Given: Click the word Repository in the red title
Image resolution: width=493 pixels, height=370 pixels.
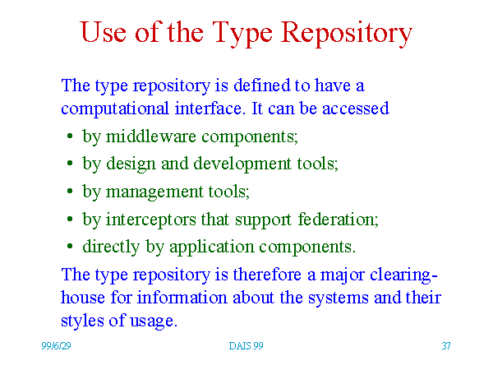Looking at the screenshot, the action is (346, 34).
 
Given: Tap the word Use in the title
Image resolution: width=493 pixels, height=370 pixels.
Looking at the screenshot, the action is (104, 32).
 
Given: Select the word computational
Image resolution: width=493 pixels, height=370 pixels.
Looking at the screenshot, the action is (115, 109).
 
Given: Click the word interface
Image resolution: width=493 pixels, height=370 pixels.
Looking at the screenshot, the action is (210, 108).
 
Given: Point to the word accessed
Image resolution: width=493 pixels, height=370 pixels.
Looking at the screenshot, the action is (356, 109).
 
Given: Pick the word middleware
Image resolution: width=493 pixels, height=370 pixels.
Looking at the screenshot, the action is (151, 136).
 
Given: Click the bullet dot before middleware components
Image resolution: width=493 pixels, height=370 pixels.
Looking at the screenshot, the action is (70, 136).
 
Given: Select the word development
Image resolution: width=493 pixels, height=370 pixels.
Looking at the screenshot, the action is (242, 164).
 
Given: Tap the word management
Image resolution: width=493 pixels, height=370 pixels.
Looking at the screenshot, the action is (154, 192).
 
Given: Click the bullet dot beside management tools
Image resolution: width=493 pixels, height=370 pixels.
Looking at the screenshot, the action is (70, 192).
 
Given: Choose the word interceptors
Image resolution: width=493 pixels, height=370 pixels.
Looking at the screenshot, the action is (150, 220).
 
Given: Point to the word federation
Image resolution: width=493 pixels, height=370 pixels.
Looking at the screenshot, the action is (338, 219).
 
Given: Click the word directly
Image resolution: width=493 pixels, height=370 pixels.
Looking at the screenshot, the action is (111, 247).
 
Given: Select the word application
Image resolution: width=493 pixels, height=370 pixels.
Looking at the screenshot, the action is (212, 247).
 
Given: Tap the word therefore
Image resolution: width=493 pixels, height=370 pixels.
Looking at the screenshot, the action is (267, 275).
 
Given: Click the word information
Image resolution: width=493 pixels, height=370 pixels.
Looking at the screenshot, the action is (182, 298).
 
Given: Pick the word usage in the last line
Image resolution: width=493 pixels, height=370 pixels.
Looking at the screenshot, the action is (154, 321).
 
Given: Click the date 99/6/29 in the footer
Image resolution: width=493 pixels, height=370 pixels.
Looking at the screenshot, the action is (56, 346).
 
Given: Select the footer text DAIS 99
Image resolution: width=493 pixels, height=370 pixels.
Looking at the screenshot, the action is (246, 346).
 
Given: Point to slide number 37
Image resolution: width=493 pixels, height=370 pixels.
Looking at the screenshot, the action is (446, 346).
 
